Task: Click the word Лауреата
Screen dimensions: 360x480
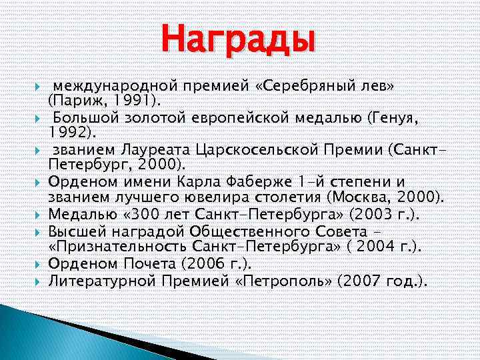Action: pos(152,149)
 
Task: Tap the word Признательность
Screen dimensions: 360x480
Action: pos(119,246)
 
